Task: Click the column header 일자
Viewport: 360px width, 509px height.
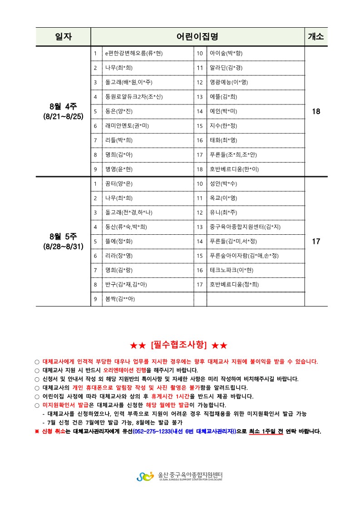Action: pyautogui.click(x=64, y=37)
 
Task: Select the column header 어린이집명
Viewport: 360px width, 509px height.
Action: pyautogui.click(x=197, y=37)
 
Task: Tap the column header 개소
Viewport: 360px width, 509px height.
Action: pyautogui.click(x=316, y=37)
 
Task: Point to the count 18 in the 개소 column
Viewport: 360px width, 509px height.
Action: pyautogui.click(x=316, y=111)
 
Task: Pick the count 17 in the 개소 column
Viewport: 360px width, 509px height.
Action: pyautogui.click(x=316, y=242)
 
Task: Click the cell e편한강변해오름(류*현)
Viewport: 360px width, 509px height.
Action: pyautogui.click(x=133, y=54)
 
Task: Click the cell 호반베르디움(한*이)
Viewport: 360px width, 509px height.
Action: pyautogui.click(x=234, y=169)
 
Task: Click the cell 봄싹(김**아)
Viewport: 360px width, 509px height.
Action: pyautogui.click(x=120, y=299)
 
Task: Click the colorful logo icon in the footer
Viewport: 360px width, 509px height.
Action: pyautogui.click(x=145, y=476)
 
